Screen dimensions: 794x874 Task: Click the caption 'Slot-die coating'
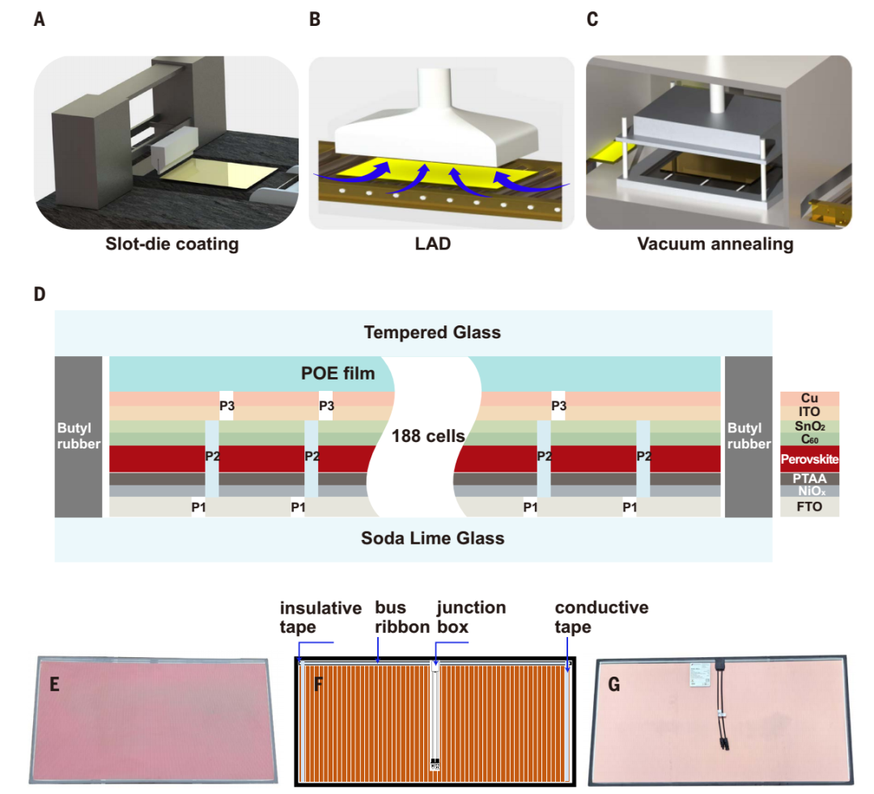point(172,244)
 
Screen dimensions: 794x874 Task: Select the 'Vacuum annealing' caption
point(715,244)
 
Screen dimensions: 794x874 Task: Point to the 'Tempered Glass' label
point(432,333)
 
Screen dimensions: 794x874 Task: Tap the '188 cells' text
point(427,436)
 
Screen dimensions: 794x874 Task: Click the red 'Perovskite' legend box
point(809,459)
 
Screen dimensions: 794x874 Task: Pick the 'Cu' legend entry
point(809,398)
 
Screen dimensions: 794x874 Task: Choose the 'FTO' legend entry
point(809,507)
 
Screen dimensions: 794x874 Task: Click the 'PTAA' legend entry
point(809,478)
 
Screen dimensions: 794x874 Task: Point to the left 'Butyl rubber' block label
point(78,435)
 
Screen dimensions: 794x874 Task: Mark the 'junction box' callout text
point(471,617)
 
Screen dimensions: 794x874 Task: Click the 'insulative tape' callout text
point(320,617)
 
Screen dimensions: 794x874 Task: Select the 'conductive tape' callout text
point(600,617)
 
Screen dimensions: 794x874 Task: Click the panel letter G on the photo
point(614,685)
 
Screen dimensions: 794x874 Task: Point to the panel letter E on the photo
point(55,685)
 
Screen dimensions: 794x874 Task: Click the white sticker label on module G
point(697,672)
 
